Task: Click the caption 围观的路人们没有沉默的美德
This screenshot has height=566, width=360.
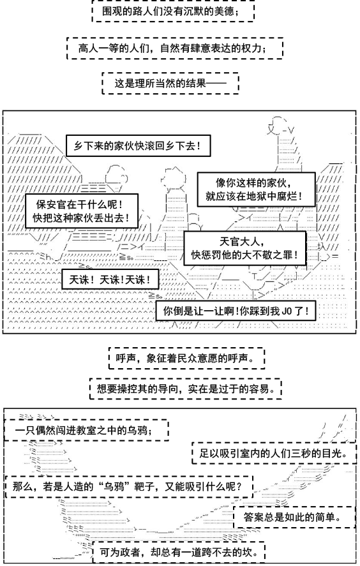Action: (174, 11)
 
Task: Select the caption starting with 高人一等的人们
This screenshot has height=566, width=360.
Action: (175, 48)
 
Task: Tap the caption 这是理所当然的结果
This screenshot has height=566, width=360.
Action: (170, 84)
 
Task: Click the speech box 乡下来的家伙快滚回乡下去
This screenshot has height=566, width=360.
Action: (138, 146)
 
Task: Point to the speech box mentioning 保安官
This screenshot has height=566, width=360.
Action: (82, 211)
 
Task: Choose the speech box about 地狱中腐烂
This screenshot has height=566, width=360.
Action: (256, 189)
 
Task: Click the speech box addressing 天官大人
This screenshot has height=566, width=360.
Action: (245, 248)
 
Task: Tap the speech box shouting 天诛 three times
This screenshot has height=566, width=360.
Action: (110, 279)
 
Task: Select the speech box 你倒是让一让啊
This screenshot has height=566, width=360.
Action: (236, 311)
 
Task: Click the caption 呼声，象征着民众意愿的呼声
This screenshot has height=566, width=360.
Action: (186, 358)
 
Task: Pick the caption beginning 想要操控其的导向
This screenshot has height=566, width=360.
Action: (186, 389)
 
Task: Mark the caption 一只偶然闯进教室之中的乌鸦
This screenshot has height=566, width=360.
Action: (86, 430)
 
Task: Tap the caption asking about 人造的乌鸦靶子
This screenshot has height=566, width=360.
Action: (129, 486)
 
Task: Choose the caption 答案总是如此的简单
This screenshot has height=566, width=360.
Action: (294, 518)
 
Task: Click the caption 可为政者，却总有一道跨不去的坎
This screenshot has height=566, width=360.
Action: (179, 551)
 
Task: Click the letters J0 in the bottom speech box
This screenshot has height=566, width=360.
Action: (287, 311)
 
